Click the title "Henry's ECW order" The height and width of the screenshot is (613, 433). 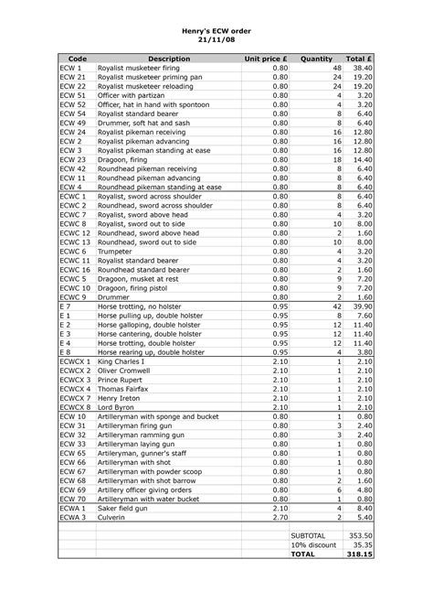tap(216, 30)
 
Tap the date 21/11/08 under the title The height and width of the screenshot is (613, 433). tap(216, 40)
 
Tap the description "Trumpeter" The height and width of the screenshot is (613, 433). tap(117, 250)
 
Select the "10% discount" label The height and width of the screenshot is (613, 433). tap(312, 544)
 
